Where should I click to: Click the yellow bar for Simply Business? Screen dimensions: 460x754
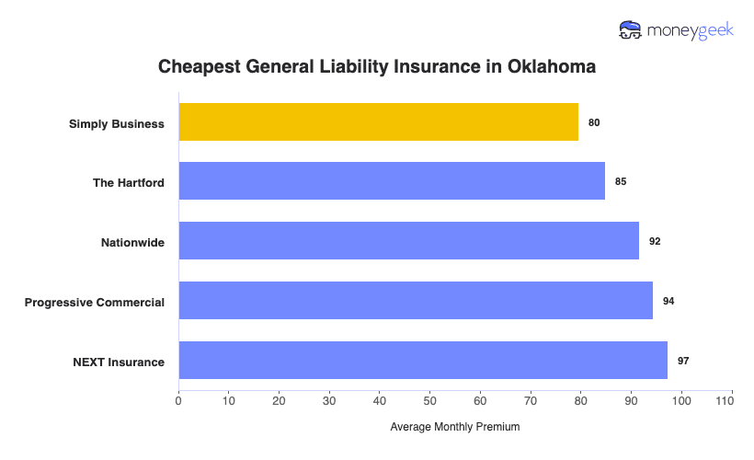click(x=378, y=122)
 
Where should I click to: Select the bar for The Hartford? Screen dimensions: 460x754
click(x=392, y=181)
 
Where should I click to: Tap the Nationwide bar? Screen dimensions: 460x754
click(x=408, y=241)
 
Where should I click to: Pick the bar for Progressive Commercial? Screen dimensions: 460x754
click(x=416, y=301)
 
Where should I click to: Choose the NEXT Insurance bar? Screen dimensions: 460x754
click(x=423, y=361)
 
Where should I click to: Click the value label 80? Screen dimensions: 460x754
click(x=594, y=122)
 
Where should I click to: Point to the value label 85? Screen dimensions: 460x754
click(x=621, y=181)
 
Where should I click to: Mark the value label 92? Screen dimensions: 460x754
click(x=655, y=241)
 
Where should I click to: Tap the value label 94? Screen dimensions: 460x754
click(x=668, y=301)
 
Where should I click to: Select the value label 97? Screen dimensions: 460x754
click(x=683, y=361)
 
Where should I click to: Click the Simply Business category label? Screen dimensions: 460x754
click(x=117, y=123)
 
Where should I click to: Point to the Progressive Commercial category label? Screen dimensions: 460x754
click(x=95, y=302)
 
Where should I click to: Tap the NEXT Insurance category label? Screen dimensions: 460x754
click(x=119, y=362)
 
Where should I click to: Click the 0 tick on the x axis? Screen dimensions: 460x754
click(x=178, y=401)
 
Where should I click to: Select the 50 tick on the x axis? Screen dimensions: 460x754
click(x=429, y=401)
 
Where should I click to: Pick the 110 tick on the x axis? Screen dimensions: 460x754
click(x=731, y=401)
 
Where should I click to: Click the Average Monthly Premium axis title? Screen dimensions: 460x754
click(x=455, y=427)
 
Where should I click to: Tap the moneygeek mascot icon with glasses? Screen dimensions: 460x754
click(x=631, y=30)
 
